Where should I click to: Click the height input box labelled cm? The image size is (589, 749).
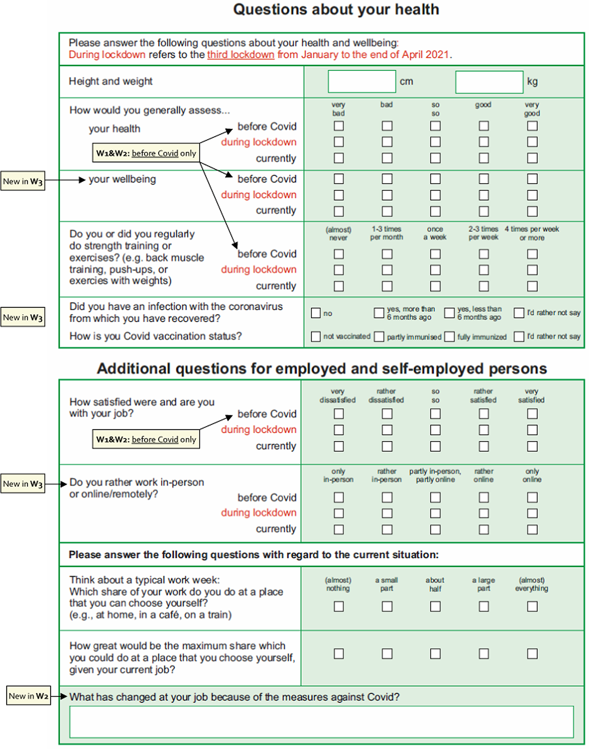tap(361, 81)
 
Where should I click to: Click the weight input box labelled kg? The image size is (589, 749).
tap(489, 82)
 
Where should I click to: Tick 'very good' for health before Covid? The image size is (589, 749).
tap(532, 126)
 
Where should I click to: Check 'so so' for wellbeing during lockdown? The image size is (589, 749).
tap(435, 195)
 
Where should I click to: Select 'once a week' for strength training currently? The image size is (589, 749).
tap(435, 286)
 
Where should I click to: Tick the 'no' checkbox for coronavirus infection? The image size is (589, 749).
tap(316, 313)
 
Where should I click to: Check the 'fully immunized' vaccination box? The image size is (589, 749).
tap(449, 336)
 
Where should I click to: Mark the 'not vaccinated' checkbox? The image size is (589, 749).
tap(316, 336)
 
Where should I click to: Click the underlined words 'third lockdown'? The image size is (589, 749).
tap(241, 55)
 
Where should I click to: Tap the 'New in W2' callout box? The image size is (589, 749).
tap(29, 696)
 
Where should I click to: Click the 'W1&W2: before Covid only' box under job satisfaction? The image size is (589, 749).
tap(146, 439)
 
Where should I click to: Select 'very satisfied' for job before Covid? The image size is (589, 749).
tap(532, 414)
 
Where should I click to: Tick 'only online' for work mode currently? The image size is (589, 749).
tap(532, 529)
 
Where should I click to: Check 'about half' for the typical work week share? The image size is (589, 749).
tap(435, 607)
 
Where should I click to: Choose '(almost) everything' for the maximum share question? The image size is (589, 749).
tap(532, 654)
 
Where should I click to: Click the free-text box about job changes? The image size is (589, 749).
tap(321, 722)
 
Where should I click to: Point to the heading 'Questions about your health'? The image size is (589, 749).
tap(336, 10)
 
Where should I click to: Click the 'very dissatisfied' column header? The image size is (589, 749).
tap(338, 395)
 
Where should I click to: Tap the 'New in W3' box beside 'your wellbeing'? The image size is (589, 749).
tap(23, 181)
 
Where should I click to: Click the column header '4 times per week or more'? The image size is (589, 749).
tap(532, 233)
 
